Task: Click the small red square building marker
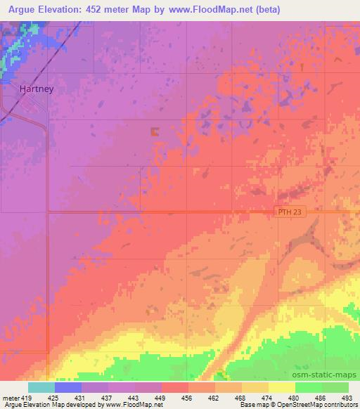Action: point(155,131)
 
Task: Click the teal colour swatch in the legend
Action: point(41,387)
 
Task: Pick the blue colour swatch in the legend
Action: point(68,387)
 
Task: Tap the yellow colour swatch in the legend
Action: point(281,387)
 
